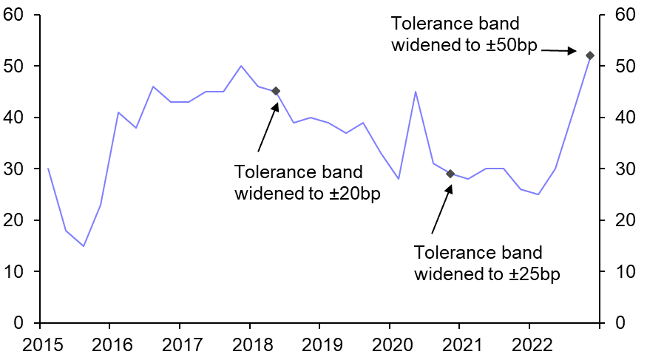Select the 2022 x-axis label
point(529,344)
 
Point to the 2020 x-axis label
point(390,344)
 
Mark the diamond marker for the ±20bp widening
point(276,91)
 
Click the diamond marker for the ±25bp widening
point(450,174)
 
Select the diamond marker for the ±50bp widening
point(590,55)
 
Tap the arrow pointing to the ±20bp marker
point(266,127)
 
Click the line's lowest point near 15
point(84,246)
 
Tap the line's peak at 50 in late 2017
point(241,66)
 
